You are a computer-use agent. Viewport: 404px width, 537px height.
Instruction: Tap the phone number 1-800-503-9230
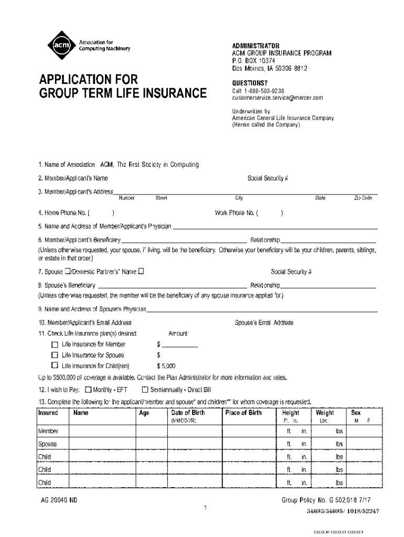click(x=262, y=91)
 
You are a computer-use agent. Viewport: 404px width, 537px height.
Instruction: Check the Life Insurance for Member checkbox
click(x=55, y=345)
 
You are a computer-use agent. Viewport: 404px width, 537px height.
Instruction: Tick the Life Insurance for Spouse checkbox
click(x=55, y=355)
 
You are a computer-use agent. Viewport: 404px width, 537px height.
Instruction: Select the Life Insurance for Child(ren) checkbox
click(x=55, y=366)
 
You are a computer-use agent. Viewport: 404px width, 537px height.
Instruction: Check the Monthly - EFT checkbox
click(x=88, y=390)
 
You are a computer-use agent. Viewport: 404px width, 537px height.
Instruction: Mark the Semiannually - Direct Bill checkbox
click(x=145, y=390)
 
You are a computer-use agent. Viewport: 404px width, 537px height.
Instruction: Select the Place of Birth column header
click(x=243, y=413)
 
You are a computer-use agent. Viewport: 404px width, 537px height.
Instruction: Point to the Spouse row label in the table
click(x=47, y=444)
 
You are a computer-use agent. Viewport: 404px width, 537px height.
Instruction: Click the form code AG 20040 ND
click(x=59, y=500)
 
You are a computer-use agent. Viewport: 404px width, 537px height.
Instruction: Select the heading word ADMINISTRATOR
click(x=256, y=46)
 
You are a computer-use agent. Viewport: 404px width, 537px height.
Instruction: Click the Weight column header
click(x=324, y=413)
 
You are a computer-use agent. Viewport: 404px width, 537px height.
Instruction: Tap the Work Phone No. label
click(x=236, y=213)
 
